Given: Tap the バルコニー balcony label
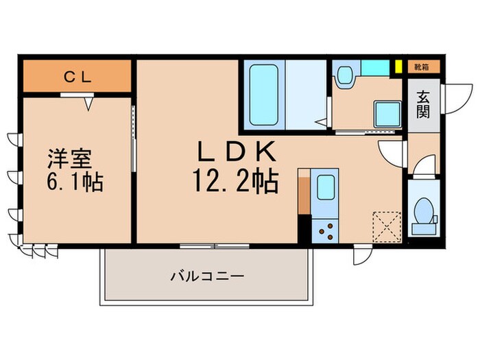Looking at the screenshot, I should (207, 277).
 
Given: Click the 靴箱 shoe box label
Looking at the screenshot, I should (422, 67).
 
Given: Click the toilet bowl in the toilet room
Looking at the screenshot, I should (423, 211).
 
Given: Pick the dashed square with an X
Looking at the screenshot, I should (385, 224).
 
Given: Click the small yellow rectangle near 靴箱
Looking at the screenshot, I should (397, 67).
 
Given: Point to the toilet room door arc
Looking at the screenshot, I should (424, 165).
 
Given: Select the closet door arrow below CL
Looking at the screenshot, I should (88, 103).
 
